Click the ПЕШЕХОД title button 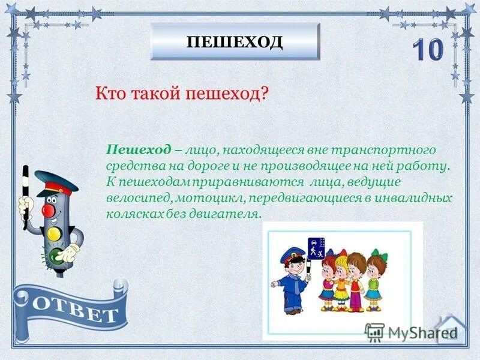235,42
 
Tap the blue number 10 427,51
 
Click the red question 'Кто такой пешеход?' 181,94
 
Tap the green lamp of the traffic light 56,257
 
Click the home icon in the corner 450,329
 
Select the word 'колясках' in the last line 130,214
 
